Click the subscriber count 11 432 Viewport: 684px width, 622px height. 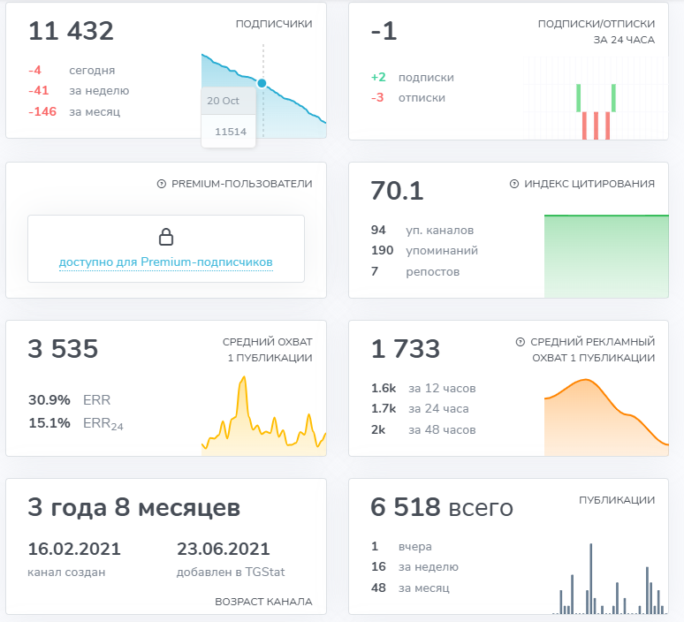(71, 32)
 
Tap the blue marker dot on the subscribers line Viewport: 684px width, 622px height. (262, 83)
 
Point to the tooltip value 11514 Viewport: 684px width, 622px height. (230, 131)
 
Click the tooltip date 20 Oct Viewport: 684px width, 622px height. (224, 101)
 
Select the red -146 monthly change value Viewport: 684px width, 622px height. (42, 112)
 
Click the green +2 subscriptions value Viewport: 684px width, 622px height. (378, 77)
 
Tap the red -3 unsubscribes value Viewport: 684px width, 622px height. (378, 98)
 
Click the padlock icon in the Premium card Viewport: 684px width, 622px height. (166, 237)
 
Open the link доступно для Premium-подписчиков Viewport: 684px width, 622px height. (166, 262)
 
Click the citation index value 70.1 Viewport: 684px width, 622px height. (398, 191)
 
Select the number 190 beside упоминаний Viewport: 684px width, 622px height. (382, 251)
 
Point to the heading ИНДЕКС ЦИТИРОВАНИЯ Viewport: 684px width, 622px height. (589, 184)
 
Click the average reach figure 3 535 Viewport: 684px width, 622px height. (63, 349)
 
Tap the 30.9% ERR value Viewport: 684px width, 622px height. (49, 399)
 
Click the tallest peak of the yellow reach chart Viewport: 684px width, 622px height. (241, 378)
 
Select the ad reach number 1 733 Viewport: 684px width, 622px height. (406, 349)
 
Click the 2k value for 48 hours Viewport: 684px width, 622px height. (380, 430)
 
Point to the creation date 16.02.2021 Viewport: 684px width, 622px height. (74, 549)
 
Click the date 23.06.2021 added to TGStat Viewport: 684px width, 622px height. (224, 549)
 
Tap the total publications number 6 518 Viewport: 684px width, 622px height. (406, 507)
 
